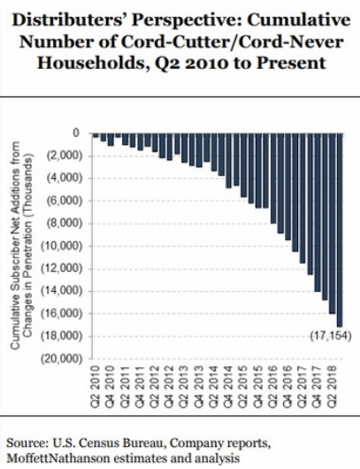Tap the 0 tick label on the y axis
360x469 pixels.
point(77,133)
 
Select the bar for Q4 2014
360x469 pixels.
point(228,161)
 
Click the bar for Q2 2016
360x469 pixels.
point(273,178)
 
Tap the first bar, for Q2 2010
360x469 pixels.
point(96,135)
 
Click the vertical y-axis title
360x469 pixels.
point(21,245)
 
